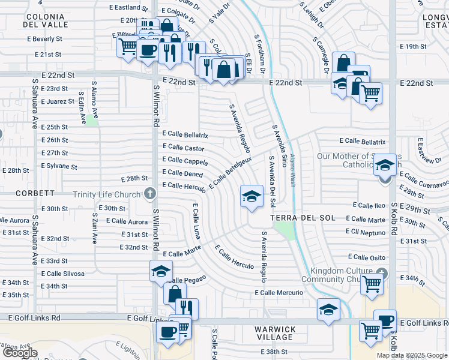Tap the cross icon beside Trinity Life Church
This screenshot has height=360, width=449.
coord(150,194)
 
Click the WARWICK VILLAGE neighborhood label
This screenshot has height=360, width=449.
coord(275,334)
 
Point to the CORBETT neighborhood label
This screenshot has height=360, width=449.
coord(35,194)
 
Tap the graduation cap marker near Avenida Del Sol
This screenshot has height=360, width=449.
coord(252,196)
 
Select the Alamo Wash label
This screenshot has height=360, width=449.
coord(293,170)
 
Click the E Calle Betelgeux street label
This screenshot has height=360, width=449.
coord(231,172)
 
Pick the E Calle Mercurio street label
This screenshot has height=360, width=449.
coord(280,293)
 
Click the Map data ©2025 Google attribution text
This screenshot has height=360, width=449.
coord(412,355)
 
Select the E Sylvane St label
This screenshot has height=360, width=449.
coord(59,166)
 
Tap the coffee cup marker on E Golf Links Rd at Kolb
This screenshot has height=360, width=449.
coord(385,320)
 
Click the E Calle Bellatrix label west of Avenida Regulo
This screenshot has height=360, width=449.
coord(185,135)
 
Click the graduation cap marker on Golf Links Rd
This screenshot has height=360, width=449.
coord(328,310)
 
